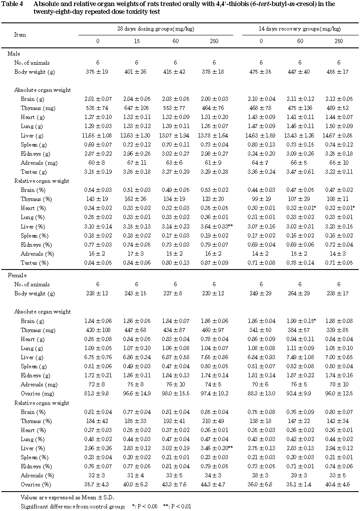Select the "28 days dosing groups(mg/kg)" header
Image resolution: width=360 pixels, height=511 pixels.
[156, 29]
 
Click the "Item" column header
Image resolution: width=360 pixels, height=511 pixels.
[20, 34]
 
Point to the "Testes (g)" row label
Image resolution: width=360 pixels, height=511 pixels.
[33, 172]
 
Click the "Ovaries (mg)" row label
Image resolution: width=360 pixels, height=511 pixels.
[36, 393]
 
